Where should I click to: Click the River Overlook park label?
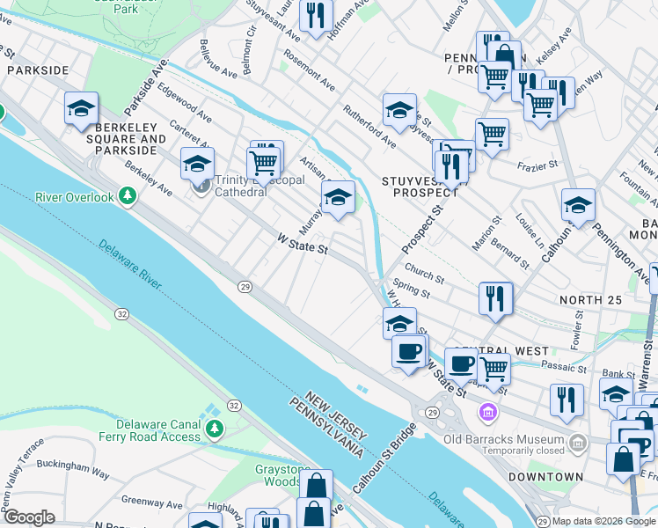click(75, 197)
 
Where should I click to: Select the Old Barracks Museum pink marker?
click(486, 411)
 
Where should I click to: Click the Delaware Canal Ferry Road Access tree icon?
click(215, 429)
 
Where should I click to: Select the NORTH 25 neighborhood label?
click(590, 300)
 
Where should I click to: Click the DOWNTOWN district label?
click(545, 477)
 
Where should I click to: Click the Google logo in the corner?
click(29, 517)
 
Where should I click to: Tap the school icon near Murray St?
click(338, 198)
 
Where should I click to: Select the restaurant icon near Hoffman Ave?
click(314, 15)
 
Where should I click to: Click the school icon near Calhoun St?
click(577, 205)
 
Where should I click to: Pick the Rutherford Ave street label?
click(369, 128)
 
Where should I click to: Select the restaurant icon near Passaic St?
click(567, 399)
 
